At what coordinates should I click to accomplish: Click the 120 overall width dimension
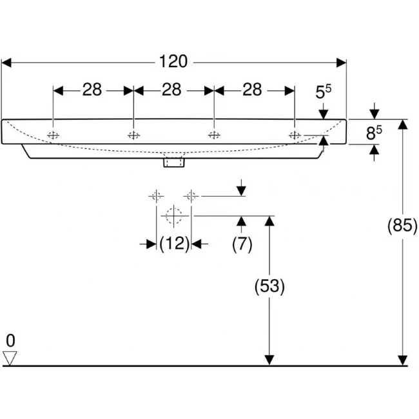[x=173, y=62]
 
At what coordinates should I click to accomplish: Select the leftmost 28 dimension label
[x=92, y=90]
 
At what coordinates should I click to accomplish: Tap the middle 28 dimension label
[x=171, y=90]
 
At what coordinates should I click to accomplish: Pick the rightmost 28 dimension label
[x=252, y=90]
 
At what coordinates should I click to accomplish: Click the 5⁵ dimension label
[x=324, y=92]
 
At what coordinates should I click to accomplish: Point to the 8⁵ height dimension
[x=374, y=133]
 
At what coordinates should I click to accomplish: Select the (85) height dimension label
[x=402, y=225]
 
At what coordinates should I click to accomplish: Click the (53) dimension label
[x=269, y=286]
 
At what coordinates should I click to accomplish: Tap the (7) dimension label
[x=242, y=244]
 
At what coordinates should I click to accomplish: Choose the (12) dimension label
[x=174, y=244]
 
